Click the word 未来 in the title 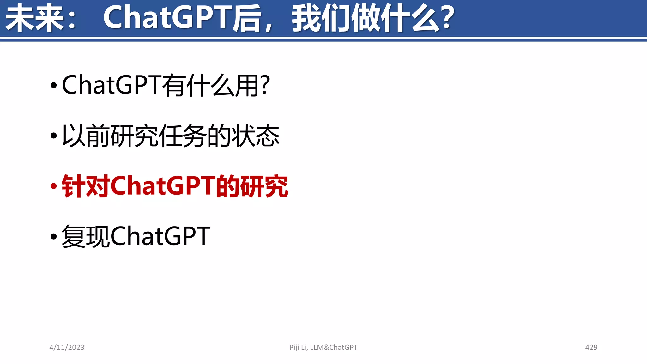point(35,18)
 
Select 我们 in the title point(321,18)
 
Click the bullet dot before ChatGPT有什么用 point(54,85)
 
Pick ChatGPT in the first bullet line point(112,85)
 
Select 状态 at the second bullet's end point(256,136)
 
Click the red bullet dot point(54,186)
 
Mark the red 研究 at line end point(264,186)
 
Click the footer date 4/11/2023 point(67,348)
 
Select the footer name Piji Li point(298,348)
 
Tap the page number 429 point(591,348)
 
